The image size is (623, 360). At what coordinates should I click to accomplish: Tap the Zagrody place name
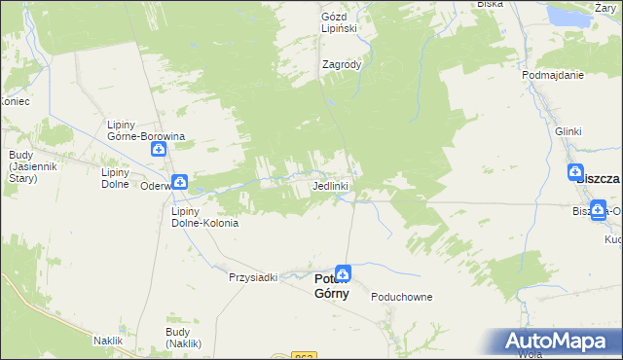point(342,65)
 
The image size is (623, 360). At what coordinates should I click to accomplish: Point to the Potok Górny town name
point(331,287)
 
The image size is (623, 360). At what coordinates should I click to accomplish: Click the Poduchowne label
point(401,298)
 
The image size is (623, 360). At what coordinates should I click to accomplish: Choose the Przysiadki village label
point(252,277)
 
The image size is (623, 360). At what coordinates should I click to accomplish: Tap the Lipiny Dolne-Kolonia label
point(204,216)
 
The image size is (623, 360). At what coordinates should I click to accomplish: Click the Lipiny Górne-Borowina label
point(146,130)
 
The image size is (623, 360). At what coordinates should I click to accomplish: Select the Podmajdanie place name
point(552,75)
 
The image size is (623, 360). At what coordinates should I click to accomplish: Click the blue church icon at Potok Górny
point(343,274)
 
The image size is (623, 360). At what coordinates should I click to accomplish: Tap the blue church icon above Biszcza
point(578,172)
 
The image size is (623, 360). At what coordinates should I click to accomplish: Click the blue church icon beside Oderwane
point(180,182)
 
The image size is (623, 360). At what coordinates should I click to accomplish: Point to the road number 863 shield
point(303,355)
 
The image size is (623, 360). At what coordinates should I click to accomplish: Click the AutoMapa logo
point(562,342)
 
